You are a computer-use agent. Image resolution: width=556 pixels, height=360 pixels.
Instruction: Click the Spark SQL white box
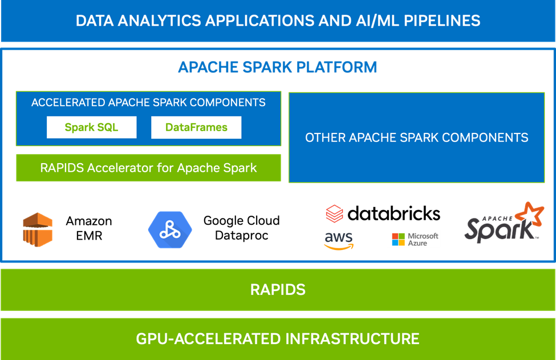point(91,127)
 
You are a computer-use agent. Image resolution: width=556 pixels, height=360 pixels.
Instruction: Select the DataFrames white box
point(196,127)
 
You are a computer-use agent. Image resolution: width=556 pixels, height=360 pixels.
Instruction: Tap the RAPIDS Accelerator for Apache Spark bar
point(148,168)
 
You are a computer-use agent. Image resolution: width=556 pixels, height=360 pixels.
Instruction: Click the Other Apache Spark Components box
point(416,137)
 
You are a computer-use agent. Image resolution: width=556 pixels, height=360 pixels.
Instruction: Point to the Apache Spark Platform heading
point(278,67)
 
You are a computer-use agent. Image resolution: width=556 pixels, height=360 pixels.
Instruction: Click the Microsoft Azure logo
point(413,239)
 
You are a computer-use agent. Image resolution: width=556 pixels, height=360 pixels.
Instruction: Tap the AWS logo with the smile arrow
point(339,240)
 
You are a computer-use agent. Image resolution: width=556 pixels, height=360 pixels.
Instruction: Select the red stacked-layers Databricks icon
point(334,215)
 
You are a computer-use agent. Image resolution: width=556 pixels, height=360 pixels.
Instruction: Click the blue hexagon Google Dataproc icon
point(170,229)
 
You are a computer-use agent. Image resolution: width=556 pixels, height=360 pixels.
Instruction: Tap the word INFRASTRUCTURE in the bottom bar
point(350,338)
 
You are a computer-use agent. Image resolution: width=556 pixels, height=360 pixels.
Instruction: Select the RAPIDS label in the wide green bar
point(278,289)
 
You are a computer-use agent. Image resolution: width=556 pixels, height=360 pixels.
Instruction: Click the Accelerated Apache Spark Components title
point(148,103)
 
